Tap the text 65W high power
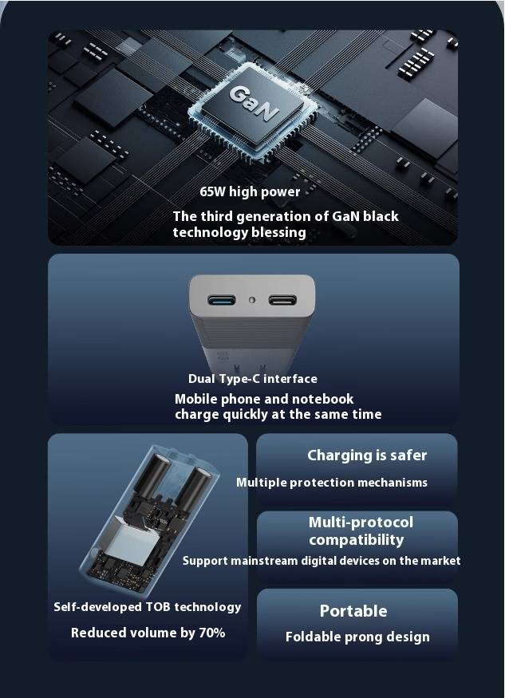pyautogui.click(x=250, y=192)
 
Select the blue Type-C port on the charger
pyautogui.click(x=221, y=300)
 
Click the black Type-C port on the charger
pyautogui.click(x=282, y=300)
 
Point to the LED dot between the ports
pyautogui.click(x=252, y=300)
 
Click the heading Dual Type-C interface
pyautogui.click(x=252, y=379)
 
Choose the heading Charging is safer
pyautogui.click(x=367, y=455)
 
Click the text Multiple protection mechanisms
pyautogui.click(x=332, y=483)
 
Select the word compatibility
pyautogui.click(x=357, y=540)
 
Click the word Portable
pyautogui.click(x=353, y=611)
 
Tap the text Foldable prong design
pyautogui.click(x=357, y=637)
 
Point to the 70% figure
pyautogui.click(x=211, y=633)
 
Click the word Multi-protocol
pyautogui.click(x=361, y=523)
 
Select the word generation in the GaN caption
pyautogui.click(x=274, y=217)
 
